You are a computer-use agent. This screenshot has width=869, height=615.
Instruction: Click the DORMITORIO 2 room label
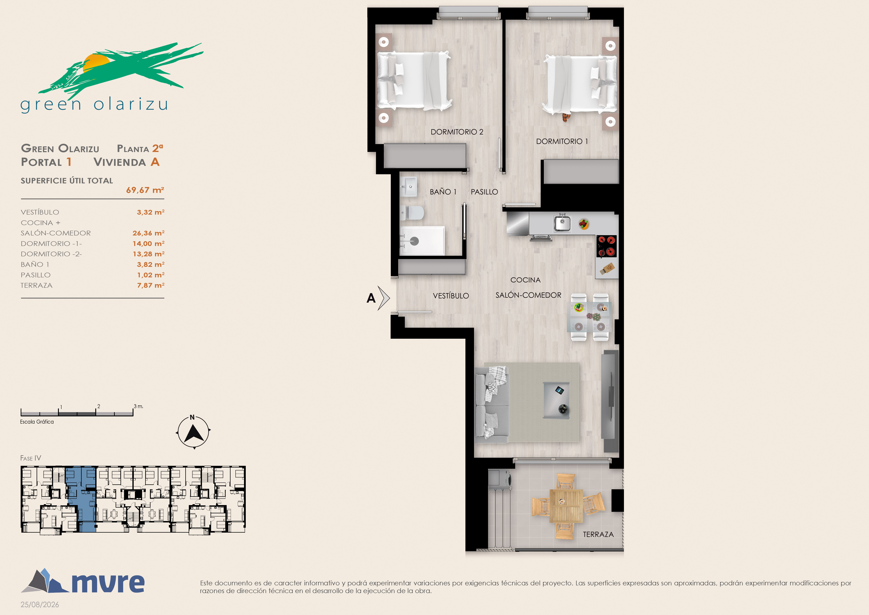coord(457,132)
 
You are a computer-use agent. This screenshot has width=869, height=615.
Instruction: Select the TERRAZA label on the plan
coord(598,534)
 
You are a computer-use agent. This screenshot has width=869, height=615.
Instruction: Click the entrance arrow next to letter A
coord(384,298)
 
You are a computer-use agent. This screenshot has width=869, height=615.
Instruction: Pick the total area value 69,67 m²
coord(145,190)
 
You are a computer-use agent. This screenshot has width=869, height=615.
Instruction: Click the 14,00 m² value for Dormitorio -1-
coord(148,244)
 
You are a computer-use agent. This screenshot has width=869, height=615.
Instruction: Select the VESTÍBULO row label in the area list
coord(40,212)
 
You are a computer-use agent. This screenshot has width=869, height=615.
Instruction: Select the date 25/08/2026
coord(40,605)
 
